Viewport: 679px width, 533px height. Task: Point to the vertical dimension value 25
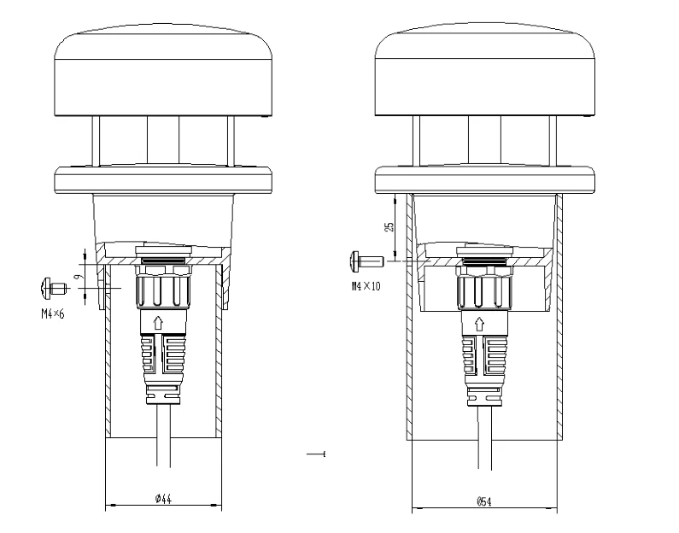point(389,228)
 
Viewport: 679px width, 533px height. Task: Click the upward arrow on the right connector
point(480,323)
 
